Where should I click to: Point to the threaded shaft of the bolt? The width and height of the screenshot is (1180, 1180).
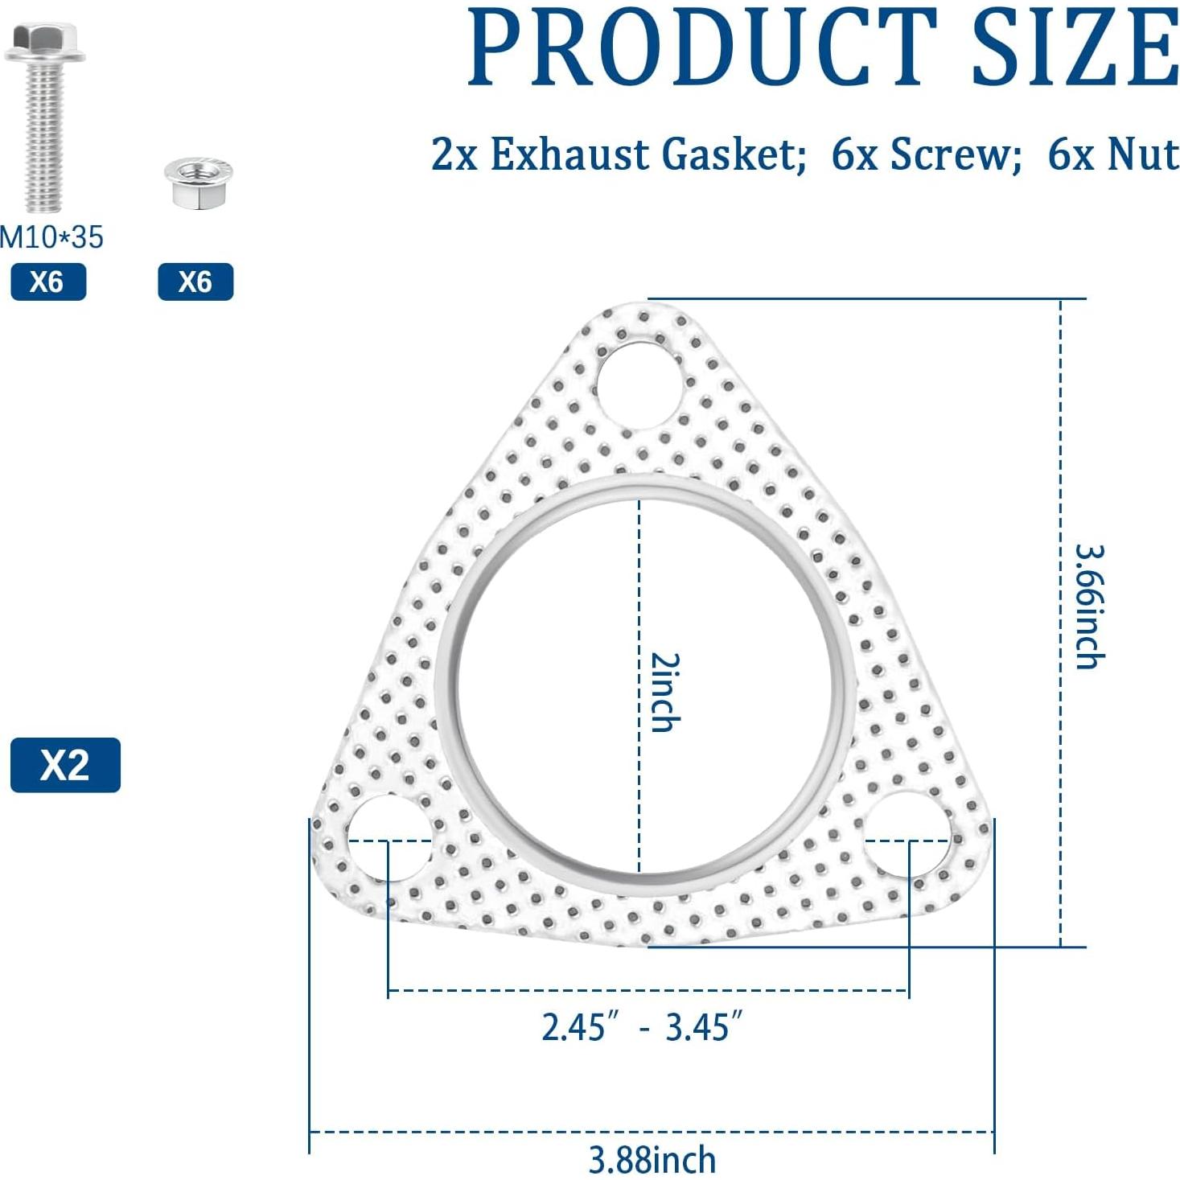coord(44,137)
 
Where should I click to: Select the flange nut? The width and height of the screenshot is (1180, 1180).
coord(198,183)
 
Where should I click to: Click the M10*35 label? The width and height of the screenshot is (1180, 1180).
coord(51,237)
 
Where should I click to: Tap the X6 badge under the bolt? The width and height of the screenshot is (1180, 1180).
coord(48,282)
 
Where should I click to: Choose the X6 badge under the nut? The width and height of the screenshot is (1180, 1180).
coord(195,282)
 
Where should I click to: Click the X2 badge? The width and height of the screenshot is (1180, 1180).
coord(65,764)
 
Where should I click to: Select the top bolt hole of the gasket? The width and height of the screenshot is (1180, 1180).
coord(639,384)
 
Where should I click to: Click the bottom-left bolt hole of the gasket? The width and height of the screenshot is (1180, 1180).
coord(389,838)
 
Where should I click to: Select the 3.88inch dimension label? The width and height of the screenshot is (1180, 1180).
coord(652,1160)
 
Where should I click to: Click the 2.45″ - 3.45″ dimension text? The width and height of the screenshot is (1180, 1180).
coord(641,1027)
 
